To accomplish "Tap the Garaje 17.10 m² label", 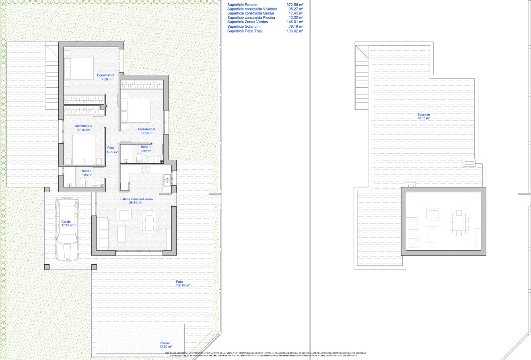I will pyautogui.click(x=67, y=223).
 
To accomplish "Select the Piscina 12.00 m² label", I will pyautogui.click(x=165, y=345).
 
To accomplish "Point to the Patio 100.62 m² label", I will pyautogui.click(x=183, y=284).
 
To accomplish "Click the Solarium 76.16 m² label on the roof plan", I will pyautogui.click(x=424, y=117).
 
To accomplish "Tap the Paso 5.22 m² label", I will pyautogui.click(x=112, y=150).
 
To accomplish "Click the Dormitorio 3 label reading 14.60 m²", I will pyautogui.click(x=106, y=77).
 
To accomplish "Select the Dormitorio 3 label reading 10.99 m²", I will pyautogui.click(x=84, y=128).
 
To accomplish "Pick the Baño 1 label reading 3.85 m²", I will pyautogui.click(x=87, y=173).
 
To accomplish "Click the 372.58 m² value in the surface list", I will pyautogui.click(x=294, y=5).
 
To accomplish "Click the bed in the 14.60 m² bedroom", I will pyautogui.click(x=79, y=68).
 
